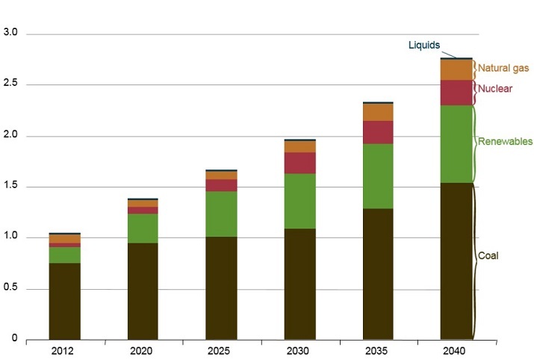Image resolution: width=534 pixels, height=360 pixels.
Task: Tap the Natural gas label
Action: click(503, 68)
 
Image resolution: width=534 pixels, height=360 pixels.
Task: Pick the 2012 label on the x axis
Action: click(64, 350)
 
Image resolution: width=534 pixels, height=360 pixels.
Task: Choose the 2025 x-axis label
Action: click(221, 350)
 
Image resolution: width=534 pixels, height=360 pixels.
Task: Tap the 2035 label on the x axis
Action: click(378, 350)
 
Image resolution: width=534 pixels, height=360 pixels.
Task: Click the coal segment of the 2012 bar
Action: click(64, 302)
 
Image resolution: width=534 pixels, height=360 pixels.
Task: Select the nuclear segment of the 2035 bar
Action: click(378, 132)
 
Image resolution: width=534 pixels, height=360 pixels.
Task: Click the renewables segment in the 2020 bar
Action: click(143, 229)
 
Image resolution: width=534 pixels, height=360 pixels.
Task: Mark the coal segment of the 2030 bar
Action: click(299, 284)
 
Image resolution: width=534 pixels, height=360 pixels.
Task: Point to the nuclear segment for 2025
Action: click(221, 185)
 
